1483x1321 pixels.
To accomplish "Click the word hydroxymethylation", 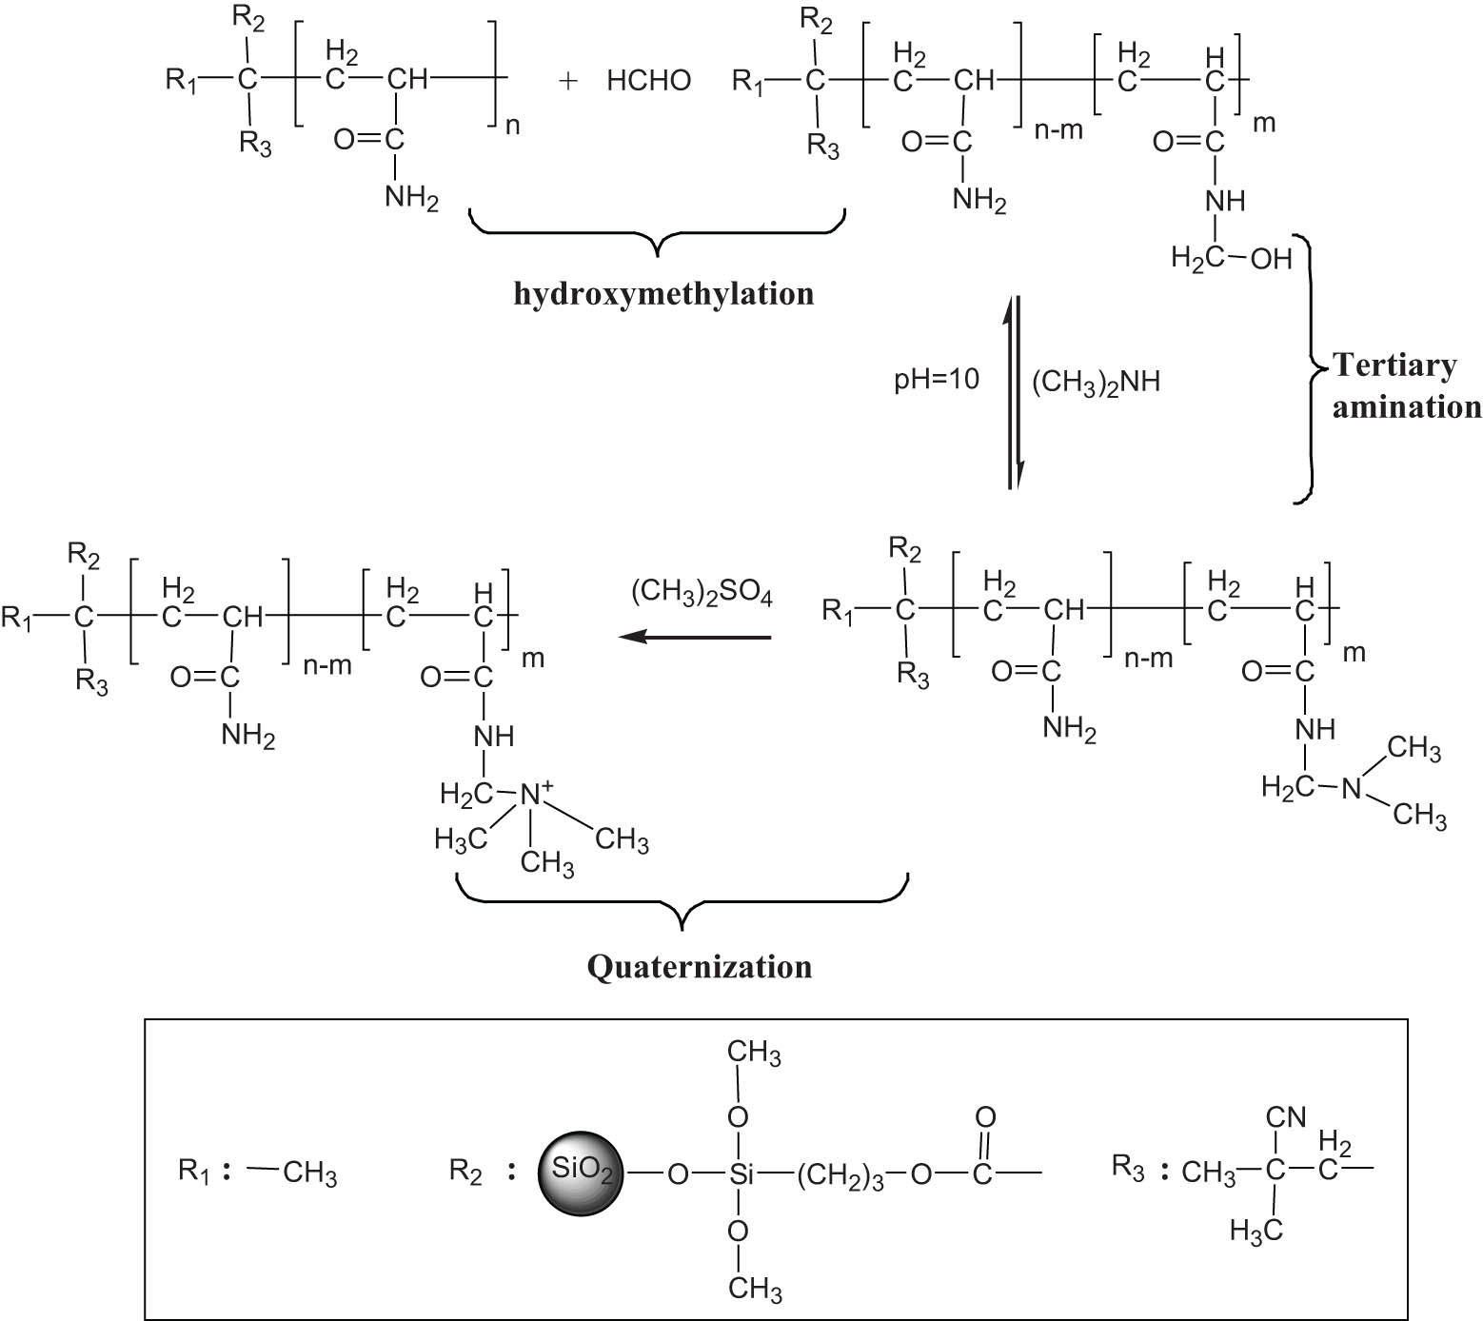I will tap(663, 293).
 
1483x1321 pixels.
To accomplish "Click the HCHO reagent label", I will tap(648, 81).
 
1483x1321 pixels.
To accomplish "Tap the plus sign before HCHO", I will tap(568, 81).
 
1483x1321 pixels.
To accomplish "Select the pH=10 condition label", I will tap(936, 380).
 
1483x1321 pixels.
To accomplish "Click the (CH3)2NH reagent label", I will tap(1096, 383).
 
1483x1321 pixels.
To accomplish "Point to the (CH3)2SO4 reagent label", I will tap(702, 594).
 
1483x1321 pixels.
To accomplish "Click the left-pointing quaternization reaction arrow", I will tap(695, 637).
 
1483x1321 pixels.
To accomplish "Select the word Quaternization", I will tap(700, 967).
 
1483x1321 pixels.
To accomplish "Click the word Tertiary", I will tap(1394, 365).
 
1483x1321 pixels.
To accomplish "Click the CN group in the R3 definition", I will tap(1286, 1116).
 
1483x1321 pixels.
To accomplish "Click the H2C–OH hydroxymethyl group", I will tap(1231, 258).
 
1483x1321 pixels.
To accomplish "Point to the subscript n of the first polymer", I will tap(512, 125).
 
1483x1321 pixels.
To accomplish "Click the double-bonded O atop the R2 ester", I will tap(985, 1116).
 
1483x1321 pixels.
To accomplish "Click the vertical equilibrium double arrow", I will tap(1015, 392).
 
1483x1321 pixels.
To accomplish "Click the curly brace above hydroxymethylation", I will tap(658, 230).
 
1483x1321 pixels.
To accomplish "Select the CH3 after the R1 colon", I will tap(309, 1173).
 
